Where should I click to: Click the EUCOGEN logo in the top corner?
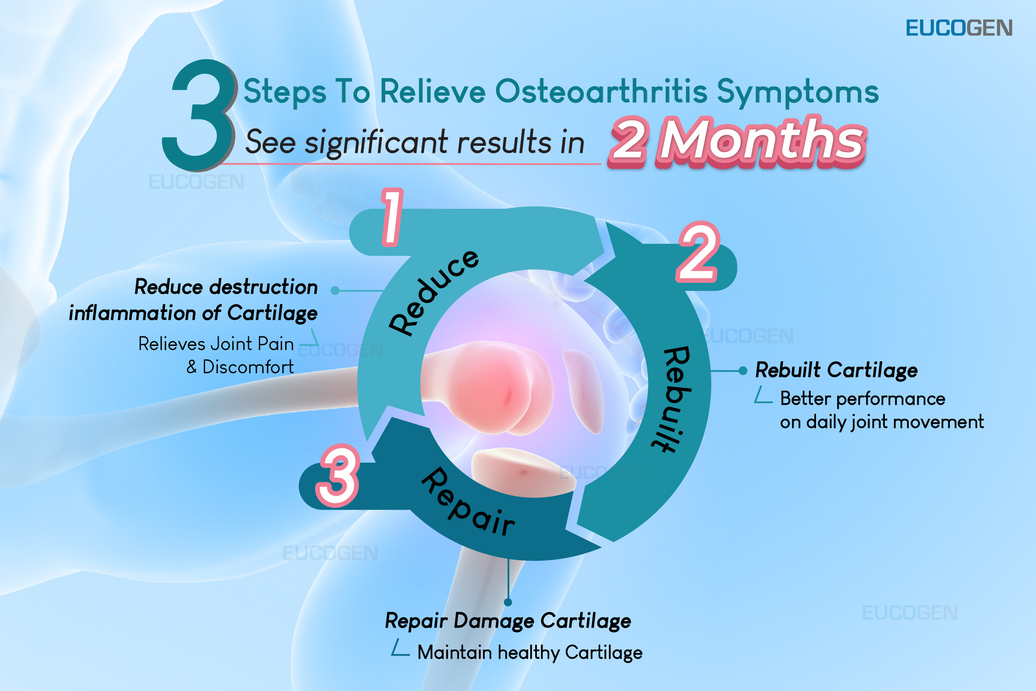tap(959, 28)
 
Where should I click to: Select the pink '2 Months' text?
tap(737, 142)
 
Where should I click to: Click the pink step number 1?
tap(392, 216)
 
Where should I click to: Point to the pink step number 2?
tap(698, 251)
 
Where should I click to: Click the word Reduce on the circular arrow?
tap(433, 292)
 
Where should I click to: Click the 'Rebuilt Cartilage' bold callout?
tap(836, 370)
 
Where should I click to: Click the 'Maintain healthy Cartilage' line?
tap(530, 652)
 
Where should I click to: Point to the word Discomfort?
tap(248, 367)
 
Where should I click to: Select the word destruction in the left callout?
tap(263, 287)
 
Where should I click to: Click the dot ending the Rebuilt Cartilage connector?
tap(743, 371)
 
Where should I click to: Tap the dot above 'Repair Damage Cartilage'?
tap(508, 602)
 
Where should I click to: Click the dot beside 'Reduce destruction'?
tap(335, 290)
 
